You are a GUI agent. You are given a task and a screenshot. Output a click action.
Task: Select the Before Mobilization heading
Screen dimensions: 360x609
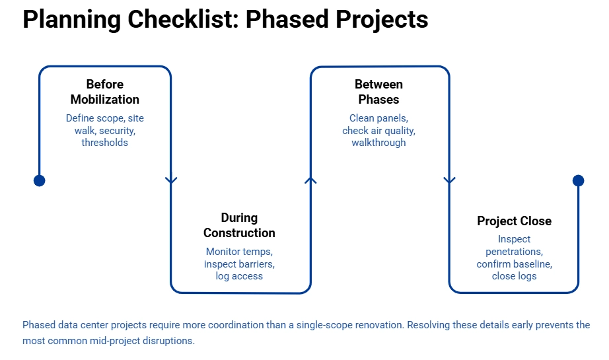pyautogui.click(x=105, y=92)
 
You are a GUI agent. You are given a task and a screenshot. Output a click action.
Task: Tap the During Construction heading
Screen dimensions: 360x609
pyautogui.click(x=239, y=225)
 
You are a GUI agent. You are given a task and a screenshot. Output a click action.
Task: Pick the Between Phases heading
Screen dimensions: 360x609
pyautogui.click(x=378, y=92)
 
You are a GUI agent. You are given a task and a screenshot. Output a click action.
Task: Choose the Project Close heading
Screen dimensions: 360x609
pyautogui.click(x=514, y=221)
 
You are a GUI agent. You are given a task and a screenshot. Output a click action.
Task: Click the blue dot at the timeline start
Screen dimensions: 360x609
pyautogui.click(x=40, y=180)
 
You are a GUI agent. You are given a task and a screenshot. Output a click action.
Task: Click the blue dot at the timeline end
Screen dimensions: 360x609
pyautogui.click(x=579, y=180)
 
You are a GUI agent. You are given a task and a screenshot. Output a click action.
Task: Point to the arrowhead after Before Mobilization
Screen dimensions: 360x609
pyautogui.click(x=171, y=180)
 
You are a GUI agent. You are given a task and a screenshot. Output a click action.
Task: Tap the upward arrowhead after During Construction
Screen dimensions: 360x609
pyautogui.click(x=310, y=179)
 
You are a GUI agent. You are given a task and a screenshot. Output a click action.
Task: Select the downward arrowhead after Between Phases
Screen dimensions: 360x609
pyautogui.click(x=449, y=180)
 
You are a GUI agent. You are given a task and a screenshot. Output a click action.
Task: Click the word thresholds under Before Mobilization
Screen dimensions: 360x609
pyautogui.click(x=105, y=142)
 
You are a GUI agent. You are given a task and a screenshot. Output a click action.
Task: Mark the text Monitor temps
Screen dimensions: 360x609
pyautogui.click(x=239, y=252)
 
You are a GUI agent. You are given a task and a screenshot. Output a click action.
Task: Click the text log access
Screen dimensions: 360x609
pyautogui.click(x=239, y=276)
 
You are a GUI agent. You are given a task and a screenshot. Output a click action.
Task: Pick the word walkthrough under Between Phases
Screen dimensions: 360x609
pyautogui.click(x=378, y=142)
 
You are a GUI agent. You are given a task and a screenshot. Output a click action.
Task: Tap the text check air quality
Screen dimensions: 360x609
pyautogui.click(x=378, y=130)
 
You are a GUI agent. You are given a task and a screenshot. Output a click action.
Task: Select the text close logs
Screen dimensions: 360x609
pyautogui.click(x=514, y=276)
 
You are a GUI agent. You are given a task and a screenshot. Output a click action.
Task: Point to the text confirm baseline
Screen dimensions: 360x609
pyautogui.click(x=514, y=264)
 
